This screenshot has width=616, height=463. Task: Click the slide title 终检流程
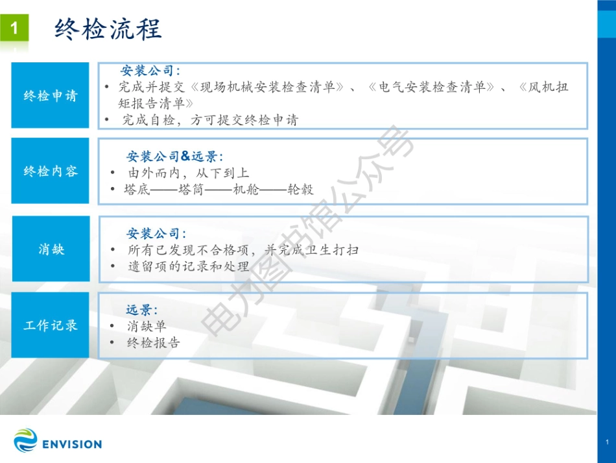(x=108, y=29)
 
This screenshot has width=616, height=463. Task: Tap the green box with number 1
(x=15, y=29)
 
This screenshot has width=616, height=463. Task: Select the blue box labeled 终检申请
(x=50, y=95)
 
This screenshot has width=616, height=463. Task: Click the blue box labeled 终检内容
(x=50, y=171)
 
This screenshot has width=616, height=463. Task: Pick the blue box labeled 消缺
(x=50, y=249)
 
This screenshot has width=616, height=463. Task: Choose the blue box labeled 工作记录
(x=50, y=325)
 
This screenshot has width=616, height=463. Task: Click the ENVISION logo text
(x=71, y=445)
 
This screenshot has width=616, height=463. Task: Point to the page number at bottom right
(x=606, y=442)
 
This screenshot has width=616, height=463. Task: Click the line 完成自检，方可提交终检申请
(x=210, y=120)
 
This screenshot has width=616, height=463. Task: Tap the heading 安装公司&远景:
(x=174, y=156)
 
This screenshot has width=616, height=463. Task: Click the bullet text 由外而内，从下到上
(x=188, y=173)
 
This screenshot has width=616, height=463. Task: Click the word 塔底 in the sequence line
(x=137, y=190)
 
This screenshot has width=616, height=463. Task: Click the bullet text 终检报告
(x=153, y=343)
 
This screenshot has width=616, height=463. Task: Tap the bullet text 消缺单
(x=147, y=326)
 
